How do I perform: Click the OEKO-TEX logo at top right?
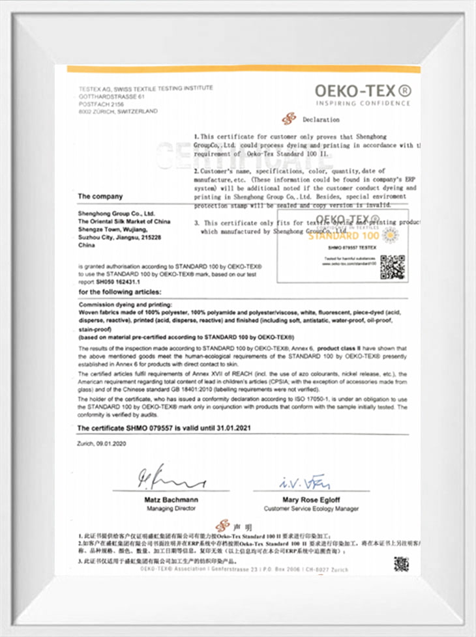(363, 91)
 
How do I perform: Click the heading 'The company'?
(100, 196)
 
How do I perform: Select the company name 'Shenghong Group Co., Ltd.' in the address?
(116, 213)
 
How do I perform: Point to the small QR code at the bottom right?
(400, 564)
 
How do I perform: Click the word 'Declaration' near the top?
(321, 120)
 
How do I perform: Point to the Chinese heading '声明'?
(242, 525)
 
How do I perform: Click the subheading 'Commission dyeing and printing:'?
(126, 304)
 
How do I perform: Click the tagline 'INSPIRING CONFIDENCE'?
(363, 103)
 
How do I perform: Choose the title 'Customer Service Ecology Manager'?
(311, 508)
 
